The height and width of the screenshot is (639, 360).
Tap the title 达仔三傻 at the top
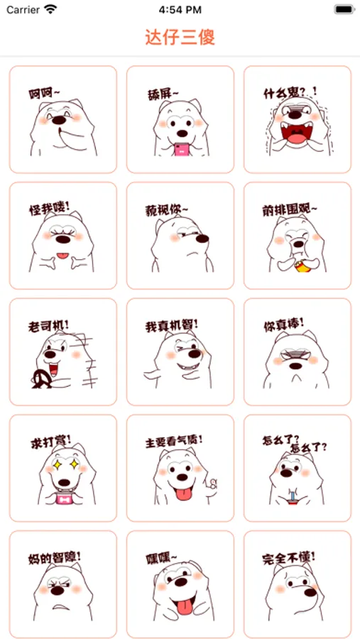pos(180,38)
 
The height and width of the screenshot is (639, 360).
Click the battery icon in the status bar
pos(344,9)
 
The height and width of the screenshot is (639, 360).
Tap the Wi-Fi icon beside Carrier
pos(50,9)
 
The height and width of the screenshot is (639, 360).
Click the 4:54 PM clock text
pos(180,10)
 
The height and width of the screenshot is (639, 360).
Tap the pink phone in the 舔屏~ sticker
pos(181,149)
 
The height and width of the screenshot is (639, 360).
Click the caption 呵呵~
pos(45,94)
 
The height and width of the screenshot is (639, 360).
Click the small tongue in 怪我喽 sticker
pos(62,256)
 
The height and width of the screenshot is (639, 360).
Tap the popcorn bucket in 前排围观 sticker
pos(302,266)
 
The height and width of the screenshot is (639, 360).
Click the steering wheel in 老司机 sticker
pos(42,378)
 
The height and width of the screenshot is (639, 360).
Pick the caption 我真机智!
pos(172,326)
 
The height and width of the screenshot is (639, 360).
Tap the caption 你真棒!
pos(284,324)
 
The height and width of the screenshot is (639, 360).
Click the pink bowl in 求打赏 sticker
pos(64,498)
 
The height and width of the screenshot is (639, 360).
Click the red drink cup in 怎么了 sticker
pos(292,500)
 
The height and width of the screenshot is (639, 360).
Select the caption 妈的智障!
pos(54,557)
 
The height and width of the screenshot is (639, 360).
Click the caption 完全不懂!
pos(289,557)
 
